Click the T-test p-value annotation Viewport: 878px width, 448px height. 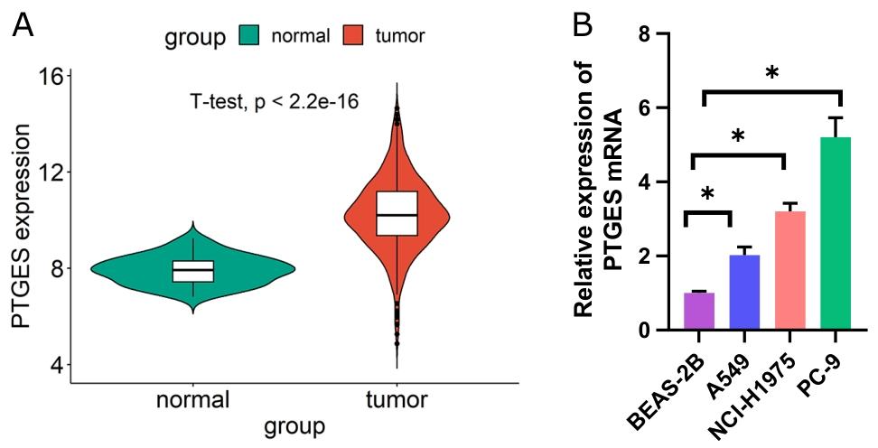275,102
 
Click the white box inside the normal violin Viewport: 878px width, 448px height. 193,271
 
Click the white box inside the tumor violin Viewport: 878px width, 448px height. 397,213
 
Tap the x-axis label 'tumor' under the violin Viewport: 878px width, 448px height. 397,399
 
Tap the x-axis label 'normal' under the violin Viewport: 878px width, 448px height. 192,399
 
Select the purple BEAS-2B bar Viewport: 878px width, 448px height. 698,312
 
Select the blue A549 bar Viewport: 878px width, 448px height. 744,293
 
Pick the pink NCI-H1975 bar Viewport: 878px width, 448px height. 789,271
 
